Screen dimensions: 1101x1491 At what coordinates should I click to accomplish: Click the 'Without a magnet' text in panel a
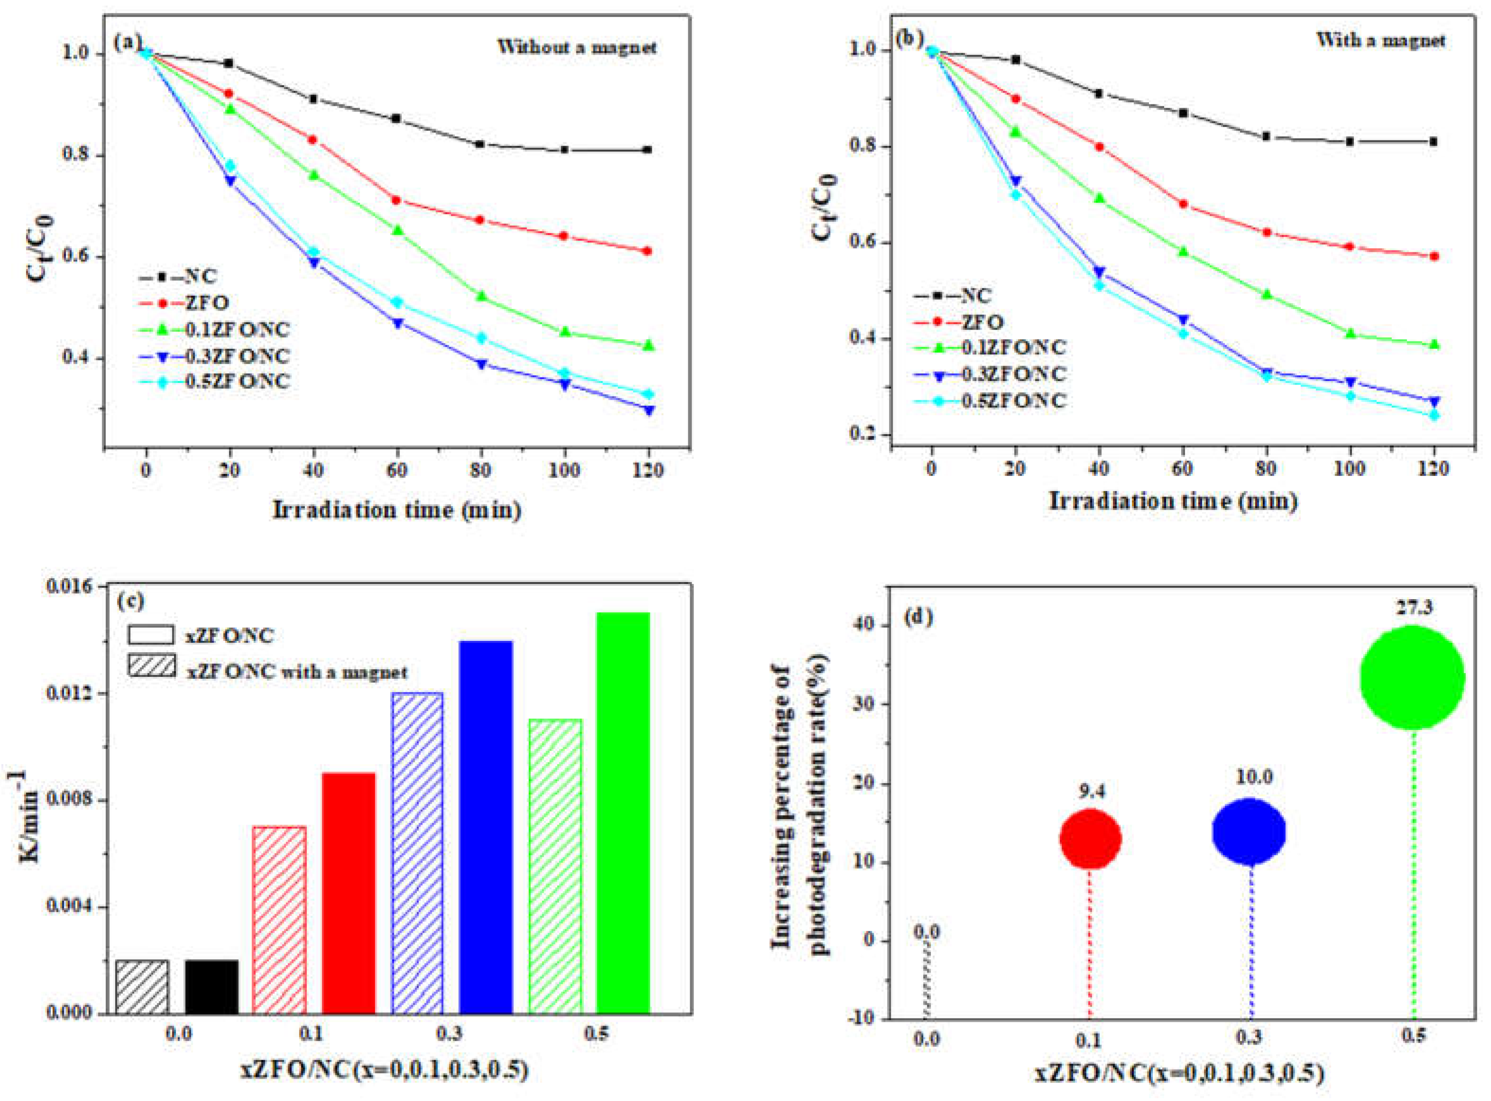[576, 47]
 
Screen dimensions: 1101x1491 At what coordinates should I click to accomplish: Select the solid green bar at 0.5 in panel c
[622, 813]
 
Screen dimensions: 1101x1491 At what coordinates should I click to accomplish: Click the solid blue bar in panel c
[486, 827]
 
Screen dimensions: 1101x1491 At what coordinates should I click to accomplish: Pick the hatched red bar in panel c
[279, 920]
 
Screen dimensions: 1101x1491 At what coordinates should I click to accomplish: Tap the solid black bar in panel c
[211, 987]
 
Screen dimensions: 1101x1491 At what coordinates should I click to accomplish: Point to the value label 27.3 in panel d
[1414, 607]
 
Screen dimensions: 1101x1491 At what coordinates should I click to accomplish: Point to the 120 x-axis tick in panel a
[648, 471]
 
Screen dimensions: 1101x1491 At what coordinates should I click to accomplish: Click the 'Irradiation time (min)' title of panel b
[1174, 500]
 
